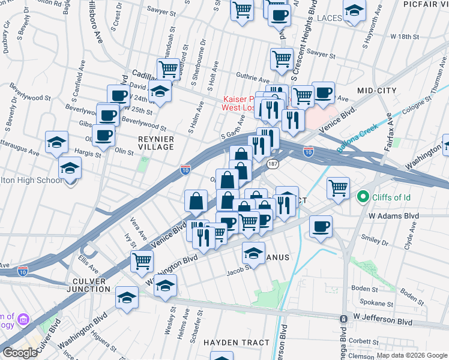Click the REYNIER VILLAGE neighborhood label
click(156, 143)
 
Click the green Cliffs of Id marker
click(363, 197)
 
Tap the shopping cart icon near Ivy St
click(142, 260)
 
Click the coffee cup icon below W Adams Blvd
click(321, 226)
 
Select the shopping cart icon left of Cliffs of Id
click(338, 187)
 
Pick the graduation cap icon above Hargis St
click(57, 142)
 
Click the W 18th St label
click(403, 37)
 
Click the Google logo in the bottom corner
click(20, 353)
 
